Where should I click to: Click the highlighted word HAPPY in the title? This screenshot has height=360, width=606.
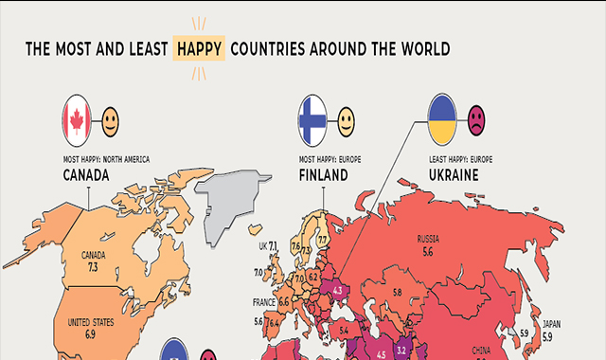[x=200, y=47]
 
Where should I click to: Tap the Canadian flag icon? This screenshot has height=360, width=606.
[x=77, y=118]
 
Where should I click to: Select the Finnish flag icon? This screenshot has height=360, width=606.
[x=312, y=118]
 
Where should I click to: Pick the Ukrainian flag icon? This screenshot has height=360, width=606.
[x=444, y=118]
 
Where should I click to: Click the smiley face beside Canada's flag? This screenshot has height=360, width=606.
[x=112, y=120]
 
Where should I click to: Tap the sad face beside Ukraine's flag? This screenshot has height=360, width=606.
[x=476, y=120]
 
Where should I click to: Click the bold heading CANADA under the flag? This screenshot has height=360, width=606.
[x=88, y=175]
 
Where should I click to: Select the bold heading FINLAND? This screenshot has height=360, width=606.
[x=324, y=175]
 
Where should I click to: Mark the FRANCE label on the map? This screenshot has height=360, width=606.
[x=263, y=301]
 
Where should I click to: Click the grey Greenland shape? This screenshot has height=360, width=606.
[x=227, y=199]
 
